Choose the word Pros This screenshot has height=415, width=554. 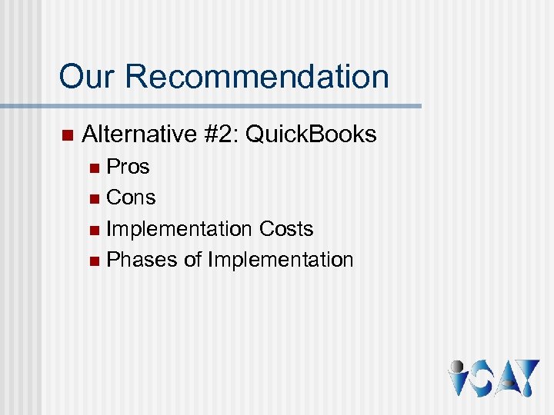128,167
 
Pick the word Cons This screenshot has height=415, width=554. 131,198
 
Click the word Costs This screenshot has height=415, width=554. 286,229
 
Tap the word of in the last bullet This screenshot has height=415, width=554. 192,260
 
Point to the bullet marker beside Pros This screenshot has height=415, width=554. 94,168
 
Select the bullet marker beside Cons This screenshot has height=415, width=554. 94,199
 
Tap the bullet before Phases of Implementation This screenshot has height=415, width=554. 94,261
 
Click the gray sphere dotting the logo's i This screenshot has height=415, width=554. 456,367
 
